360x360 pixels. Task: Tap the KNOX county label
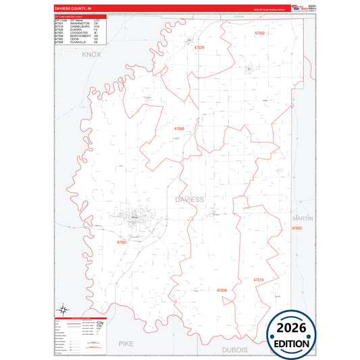[x=91, y=54]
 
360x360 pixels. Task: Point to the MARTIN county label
[x=303, y=217]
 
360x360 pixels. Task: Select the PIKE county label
[x=126, y=343]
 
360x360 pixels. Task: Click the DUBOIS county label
[x=235, y=350]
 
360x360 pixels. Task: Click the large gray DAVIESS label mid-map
[x=189, y=200]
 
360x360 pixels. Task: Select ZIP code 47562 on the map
[x=260, y=33]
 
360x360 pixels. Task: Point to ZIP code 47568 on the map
[x=179, y=128]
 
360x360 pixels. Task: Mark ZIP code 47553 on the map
[x=297, y=229]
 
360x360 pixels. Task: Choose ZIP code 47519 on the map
[x=259, y=279]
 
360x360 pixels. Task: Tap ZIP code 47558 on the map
[x=222, y=290]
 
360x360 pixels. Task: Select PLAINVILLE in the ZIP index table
[x=79, y=42]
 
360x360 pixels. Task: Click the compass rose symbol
[x=61, y=307]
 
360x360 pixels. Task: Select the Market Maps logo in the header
[x=299, y=8]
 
